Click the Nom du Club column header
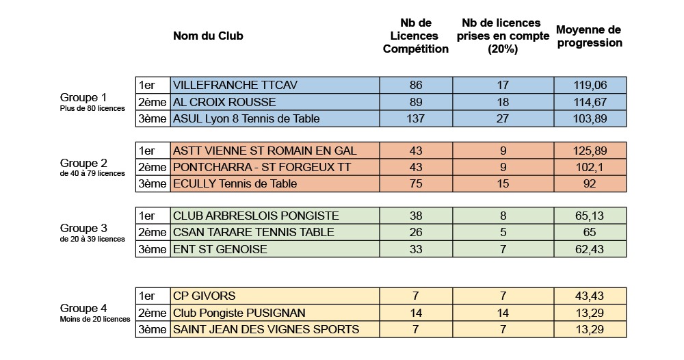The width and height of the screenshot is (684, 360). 208,36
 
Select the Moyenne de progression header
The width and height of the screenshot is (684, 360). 589,36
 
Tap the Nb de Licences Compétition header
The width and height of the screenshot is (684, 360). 415,36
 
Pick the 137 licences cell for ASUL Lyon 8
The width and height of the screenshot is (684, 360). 415,118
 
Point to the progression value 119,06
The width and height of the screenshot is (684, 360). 590,86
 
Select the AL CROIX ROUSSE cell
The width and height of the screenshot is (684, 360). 224,102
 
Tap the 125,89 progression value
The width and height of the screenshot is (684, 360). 590,151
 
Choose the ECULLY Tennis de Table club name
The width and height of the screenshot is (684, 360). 235,183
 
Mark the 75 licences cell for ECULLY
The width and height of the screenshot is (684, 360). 415,183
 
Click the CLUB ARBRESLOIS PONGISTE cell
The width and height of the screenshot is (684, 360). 256,216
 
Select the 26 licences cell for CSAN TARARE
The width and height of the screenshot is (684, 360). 415,233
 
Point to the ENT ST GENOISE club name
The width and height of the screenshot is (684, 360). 220,249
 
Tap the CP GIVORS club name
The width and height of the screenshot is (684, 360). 205,296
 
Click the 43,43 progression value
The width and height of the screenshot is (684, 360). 590,296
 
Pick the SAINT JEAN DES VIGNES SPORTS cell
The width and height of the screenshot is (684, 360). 266,329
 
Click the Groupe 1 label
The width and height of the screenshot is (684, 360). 83,97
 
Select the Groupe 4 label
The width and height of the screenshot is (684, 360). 83,308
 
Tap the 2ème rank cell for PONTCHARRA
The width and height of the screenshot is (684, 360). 153,167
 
